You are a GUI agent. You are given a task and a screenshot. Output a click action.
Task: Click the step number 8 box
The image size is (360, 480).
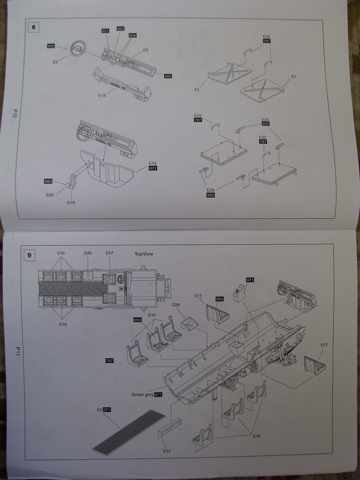pyautogui.click(x=33, y=27)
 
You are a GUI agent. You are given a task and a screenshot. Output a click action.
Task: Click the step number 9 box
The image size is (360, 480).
pyautogui.click(x=30, y=255)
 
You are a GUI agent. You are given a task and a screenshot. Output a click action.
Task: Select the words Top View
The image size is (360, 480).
pyautogui.click(x=144, y=254)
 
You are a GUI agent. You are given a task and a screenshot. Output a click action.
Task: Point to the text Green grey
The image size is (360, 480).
pyautogui.click(x=142, y=394)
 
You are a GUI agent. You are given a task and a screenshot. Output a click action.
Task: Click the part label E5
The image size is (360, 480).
pyautogui.click(x=55, y=62)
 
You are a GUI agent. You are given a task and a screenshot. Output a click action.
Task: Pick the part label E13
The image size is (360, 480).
pyautogui.click(x=101, y=96)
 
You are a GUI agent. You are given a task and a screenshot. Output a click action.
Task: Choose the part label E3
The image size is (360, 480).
pyautogui.click(x=146, y=50)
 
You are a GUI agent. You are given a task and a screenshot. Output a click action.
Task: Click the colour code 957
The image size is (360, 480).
pyautogui.click(x=106, y=31)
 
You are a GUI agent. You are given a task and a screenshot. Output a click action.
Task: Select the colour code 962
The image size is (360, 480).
pyautogui.click(x=120, y=28)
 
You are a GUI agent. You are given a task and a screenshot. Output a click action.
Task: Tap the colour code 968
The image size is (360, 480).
pyautogui.click(x=133, y=36)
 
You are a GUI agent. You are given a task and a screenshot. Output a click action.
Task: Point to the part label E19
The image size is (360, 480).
pyautogui.click(x=72, y=203)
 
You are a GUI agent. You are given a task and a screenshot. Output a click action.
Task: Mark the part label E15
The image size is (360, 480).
pyautogui.click(x=152, y=163)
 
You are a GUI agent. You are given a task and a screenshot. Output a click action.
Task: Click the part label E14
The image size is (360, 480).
pyautogui.click(x=167, y=451)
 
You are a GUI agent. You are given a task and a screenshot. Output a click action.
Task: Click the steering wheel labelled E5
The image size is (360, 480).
pyautogui.click(x=78, y=50)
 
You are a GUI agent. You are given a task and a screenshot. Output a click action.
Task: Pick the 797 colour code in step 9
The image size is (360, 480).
pyautogui.click(x=110, y=361)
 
